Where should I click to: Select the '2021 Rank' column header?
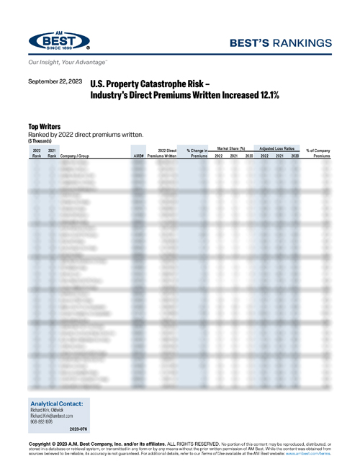(x=52, y=152)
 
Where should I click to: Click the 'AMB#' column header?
(x=139, y=155)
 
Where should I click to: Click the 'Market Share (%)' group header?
(x=231, y=148)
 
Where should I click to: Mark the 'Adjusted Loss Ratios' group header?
(x=279, y=148)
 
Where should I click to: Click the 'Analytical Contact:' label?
(x=57, y=404)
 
